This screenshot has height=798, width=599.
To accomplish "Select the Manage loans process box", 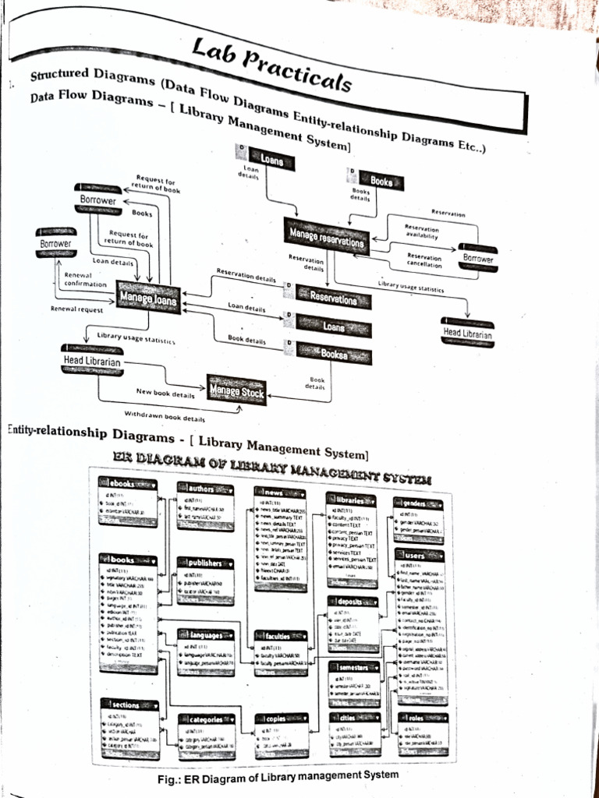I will [147, 295].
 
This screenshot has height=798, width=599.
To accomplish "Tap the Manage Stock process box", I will [237, 389].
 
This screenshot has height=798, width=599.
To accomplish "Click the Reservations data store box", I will [332, 297].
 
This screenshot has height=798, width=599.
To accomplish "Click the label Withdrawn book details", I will [165, 416].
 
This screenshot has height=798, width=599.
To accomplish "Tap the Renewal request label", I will [76, 309].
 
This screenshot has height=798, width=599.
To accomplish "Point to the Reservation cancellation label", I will [424, 261].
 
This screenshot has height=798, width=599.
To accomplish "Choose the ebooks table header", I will [127, 484].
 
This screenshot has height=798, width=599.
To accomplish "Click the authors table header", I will [205, 489].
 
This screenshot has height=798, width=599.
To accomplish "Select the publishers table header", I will [205, 563].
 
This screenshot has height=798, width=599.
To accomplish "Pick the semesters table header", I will [354, 668].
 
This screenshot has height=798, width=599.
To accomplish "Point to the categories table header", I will [205, 719].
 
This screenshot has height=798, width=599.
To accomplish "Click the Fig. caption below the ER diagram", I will [278, 776].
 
